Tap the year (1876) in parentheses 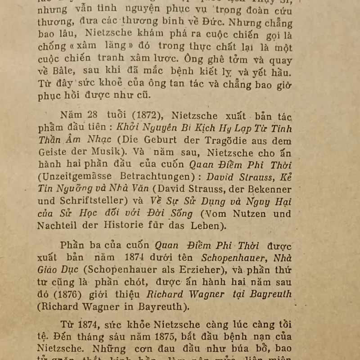[70, 294]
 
